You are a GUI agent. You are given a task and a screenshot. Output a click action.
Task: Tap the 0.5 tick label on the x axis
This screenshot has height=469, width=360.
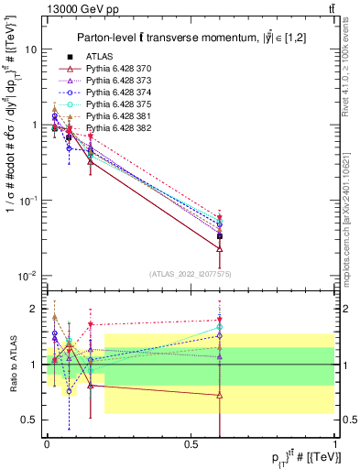point(191,442)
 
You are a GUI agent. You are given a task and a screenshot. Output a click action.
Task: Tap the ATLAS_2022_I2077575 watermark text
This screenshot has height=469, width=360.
point(190,273)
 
